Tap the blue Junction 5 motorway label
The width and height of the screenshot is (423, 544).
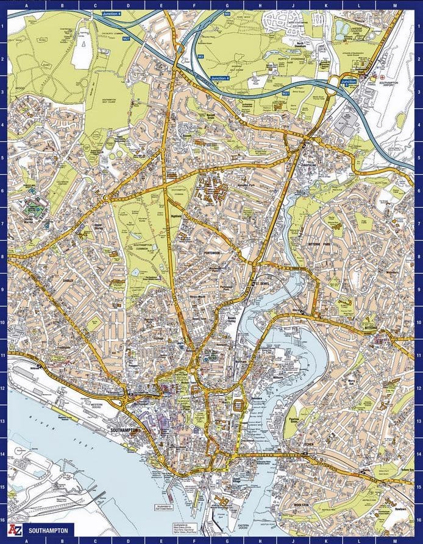pyautogui.click(x=349, y=82)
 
